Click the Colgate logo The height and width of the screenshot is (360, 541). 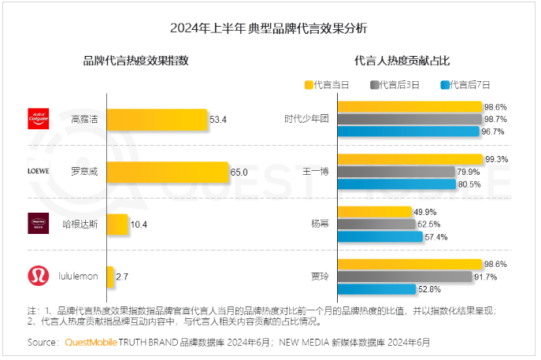39,119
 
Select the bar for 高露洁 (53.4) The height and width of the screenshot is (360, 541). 156,120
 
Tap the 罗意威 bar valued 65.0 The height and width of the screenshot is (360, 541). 166,172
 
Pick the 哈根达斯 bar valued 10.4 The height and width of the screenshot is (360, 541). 117,225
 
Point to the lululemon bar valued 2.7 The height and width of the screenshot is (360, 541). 109,276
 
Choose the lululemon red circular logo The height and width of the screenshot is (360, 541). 39,276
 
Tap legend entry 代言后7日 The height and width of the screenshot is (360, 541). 466,84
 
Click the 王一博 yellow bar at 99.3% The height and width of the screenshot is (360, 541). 409,159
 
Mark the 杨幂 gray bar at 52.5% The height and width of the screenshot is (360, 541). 376,224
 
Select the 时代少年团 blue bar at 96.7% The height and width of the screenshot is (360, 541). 408,132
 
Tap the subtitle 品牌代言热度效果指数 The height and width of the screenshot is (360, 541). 136,61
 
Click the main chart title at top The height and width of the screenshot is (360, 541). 269,28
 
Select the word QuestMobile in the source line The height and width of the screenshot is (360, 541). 91,343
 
